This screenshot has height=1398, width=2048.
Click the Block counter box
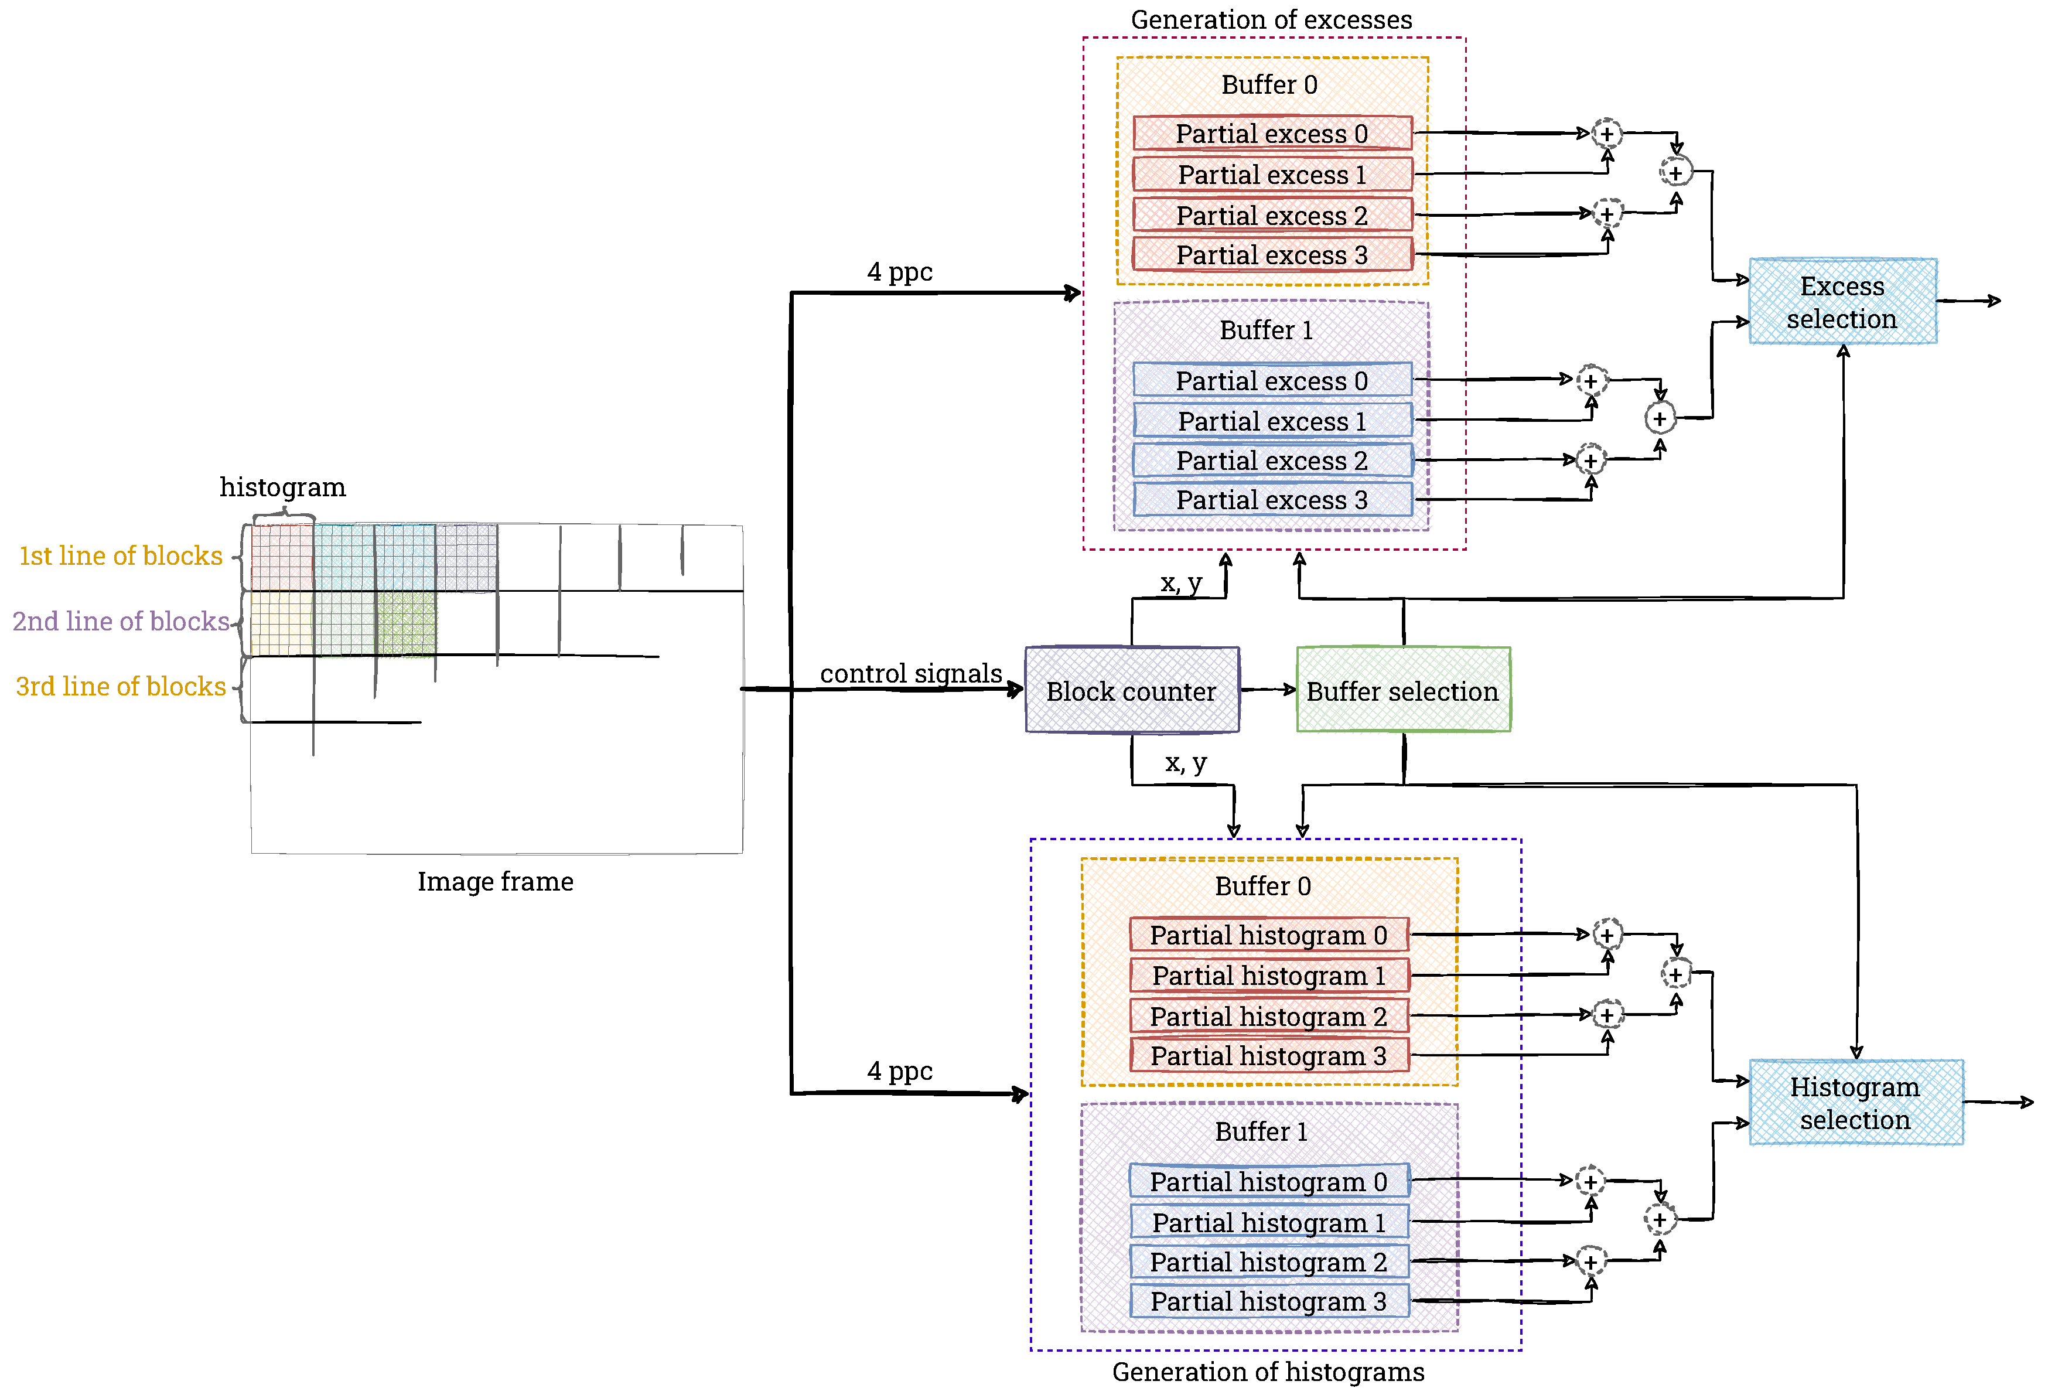click(1132, 690)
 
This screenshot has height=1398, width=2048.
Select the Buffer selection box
click(1403, 690)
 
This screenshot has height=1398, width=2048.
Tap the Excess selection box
click(1842, 302)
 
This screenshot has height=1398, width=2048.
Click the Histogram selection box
click(1855, 1103)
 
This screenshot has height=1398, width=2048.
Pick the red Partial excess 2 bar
click(1272, 215)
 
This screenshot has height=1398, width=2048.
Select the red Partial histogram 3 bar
click(1269, 1056)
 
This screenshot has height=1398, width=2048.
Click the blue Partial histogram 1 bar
click(1269, 1223)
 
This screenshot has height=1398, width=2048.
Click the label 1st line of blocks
click(121, 556)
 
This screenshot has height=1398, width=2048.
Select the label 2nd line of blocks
click(121, 622)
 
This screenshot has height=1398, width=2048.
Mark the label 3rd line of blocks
click(121, 687)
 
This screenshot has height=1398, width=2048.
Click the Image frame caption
click(495, 881)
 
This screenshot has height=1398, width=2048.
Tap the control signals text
click(910, 673)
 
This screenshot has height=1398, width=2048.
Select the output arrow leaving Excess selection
click(1970, 302)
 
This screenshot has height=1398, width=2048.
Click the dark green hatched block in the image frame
click(406, 623)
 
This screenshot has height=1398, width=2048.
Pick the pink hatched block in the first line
click(282, 557)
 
